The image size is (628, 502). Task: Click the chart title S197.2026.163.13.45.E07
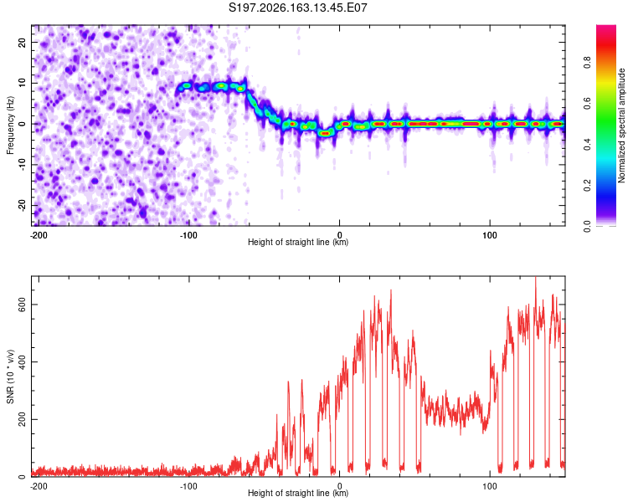[x=297, y=8]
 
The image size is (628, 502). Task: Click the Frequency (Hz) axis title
[x=10, y=125]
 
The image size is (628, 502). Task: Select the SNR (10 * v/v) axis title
[x=10, y=376]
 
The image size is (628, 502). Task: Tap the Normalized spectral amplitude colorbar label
[x=621, y=125]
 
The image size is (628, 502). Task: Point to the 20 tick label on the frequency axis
[x=22, y=42]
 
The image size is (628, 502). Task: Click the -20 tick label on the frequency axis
[x=22, y=205]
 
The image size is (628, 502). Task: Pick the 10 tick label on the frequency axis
[x=22, y=83]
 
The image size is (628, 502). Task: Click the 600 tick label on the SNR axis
[x=22, y=305]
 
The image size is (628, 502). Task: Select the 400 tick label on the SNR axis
[x=22, y=362]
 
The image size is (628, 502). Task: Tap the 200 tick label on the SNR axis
[x=22, y=419]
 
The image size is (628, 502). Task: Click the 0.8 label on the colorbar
[x=587, y=63]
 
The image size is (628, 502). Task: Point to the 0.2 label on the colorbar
[x=587, y=186]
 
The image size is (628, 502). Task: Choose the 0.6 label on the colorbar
[x=587, y=103]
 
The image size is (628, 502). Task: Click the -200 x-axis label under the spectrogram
[x=39, y=235]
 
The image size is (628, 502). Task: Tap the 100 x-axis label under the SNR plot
[x=490, y=486]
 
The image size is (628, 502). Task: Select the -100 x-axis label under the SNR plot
[x=188, y=486]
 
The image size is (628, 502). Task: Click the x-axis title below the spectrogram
[x=298, y=242]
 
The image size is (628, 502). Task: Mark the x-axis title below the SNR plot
[x=298, y=493]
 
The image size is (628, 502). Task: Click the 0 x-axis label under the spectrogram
[x=339, y=235]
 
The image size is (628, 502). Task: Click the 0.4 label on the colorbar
[x=587, y=144]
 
